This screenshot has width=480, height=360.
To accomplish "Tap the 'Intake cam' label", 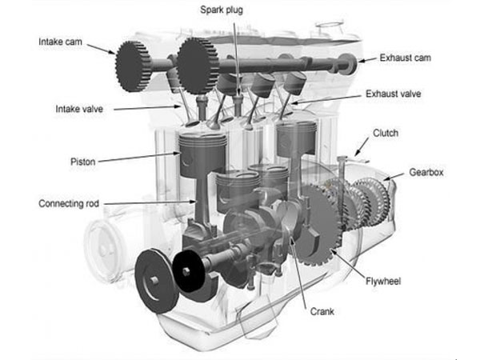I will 61,41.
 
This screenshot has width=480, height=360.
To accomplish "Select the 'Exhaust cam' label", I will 406,58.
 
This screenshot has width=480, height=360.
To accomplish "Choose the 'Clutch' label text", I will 386,134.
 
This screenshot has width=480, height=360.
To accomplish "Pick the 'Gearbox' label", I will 426,172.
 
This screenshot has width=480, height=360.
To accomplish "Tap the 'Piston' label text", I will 82,162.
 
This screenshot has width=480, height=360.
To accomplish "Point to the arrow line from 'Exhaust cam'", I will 366,60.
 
